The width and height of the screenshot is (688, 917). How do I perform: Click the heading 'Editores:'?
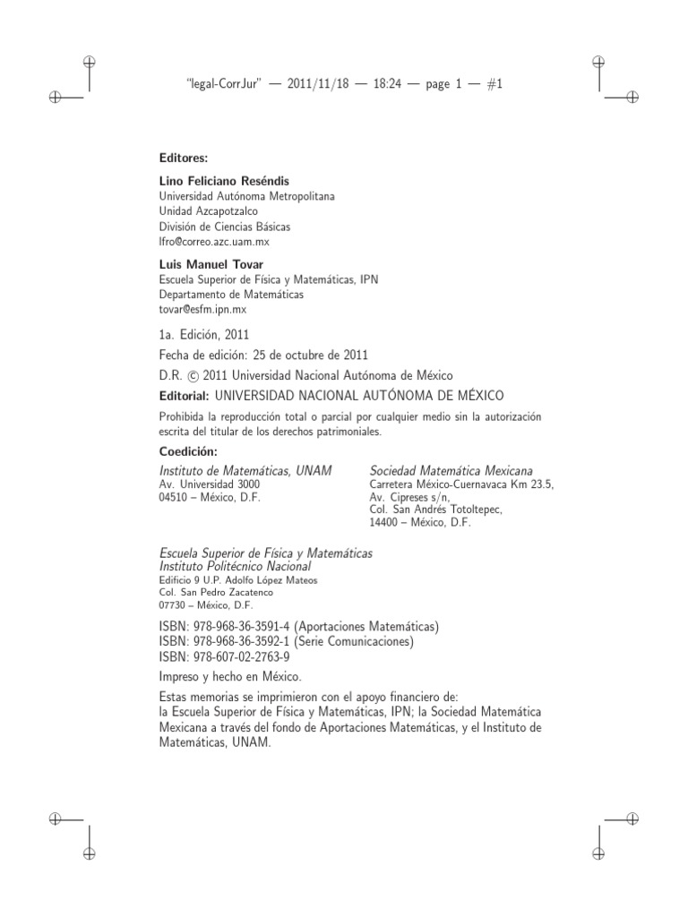tap(183, 158)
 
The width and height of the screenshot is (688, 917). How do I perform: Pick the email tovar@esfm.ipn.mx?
tap(202, 309)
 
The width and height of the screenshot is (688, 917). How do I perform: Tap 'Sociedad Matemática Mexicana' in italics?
tap(451, 470)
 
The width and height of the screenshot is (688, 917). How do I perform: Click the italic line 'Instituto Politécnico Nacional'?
tap(235, 566)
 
